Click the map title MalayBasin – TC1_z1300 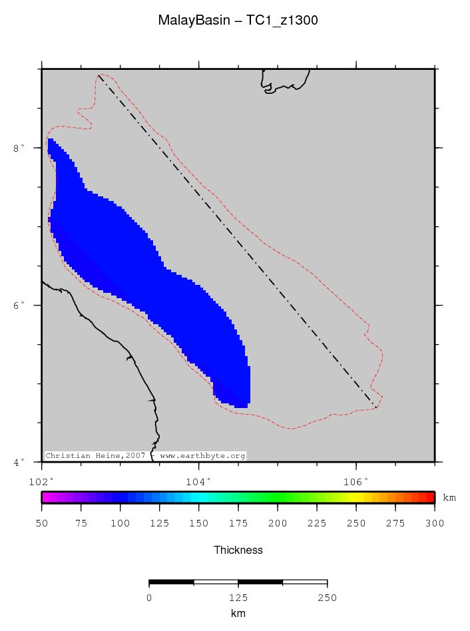(238, 21)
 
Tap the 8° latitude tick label (19, 148)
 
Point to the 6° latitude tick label (19, 305)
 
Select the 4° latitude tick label (19, 462)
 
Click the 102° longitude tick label (41, 481)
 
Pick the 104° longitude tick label (198, 481)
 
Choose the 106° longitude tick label (355, 481)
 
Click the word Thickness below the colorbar (238, 550)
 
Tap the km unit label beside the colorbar (449, 498)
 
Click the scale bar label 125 (238, 598)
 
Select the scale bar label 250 (327, 598)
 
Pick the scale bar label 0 (149, 598)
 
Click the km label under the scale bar (238, 614)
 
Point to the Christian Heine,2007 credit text (95, 456)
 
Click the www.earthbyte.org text (203, 456)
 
